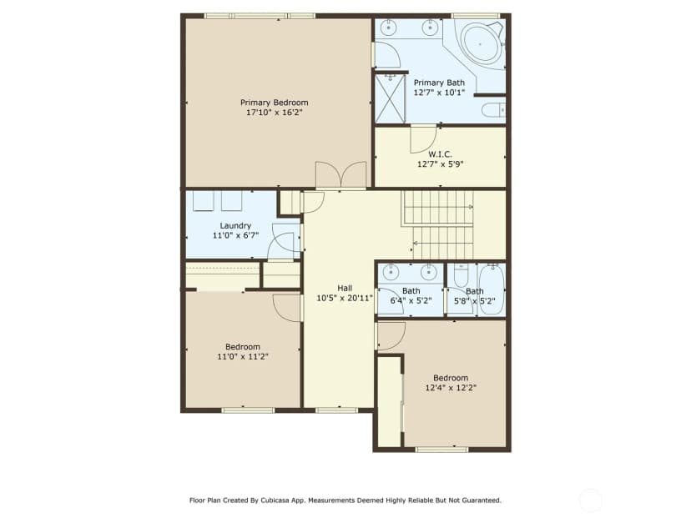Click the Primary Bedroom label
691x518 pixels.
point(274,103)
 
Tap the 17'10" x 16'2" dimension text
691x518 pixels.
point(274,113)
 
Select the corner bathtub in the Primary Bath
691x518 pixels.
point(482,43)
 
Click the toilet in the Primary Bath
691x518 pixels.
point(493,109)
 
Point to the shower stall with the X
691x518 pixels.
point(390,99)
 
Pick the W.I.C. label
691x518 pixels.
point(440,154)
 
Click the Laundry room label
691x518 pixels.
point(235,225)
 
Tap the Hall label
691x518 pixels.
point(345,288)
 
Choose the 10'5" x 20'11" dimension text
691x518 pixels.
point(345,298)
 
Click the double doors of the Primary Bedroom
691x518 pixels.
point(340,176)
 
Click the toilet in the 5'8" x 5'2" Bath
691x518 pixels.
point(461,276)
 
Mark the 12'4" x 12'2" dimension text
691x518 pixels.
point(451,388)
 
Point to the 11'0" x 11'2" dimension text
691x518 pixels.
point(242,357)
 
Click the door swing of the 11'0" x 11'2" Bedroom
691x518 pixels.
point(287,308)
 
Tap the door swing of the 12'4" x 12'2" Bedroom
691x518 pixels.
point(391,336)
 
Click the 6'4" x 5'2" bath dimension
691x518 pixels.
point(411,301)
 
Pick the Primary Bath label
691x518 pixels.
point(439,83)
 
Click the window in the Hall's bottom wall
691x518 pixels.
point(336,410)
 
